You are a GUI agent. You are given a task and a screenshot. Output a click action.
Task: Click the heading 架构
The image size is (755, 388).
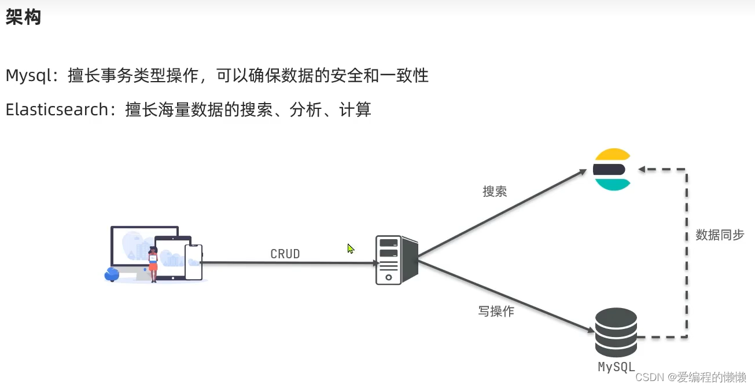[x=23, y=17]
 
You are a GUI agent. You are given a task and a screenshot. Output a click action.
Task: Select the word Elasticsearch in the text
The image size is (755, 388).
[x=57, y=109]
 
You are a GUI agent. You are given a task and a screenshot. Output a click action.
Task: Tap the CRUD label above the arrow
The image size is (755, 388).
[x=285, y=254]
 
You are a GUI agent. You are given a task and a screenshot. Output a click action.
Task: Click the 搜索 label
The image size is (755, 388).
[x=495, y=192]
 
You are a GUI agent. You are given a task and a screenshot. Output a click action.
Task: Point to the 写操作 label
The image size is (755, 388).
[x=496, y=311]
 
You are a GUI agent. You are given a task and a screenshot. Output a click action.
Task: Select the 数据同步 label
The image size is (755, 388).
[x=720, y=235]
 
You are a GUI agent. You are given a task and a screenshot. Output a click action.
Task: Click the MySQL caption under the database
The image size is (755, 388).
[x=616, y=367]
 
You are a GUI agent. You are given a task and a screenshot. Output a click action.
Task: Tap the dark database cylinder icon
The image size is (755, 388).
[x=616, y=332]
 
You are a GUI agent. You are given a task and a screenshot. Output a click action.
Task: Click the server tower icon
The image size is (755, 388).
[x=396, y=260]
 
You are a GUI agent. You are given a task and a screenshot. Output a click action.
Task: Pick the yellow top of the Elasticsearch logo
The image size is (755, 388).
[x=612, y=155]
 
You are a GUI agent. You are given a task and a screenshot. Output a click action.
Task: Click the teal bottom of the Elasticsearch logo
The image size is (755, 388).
[x=612, y=184]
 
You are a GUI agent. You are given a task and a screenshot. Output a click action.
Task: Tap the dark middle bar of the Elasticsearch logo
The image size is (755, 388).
[x=609, y=170]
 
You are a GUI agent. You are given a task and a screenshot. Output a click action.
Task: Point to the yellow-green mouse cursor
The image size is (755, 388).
[x=351, y=248]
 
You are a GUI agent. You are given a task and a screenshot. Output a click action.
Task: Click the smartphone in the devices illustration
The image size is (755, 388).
[x=193, y=262]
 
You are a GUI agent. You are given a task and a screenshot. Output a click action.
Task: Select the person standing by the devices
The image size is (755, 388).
[x=153, y=264]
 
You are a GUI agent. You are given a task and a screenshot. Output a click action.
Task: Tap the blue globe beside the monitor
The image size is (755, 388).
[x=112, y=274]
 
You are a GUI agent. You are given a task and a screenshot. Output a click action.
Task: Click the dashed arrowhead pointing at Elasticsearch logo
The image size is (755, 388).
[x=642, y=170]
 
